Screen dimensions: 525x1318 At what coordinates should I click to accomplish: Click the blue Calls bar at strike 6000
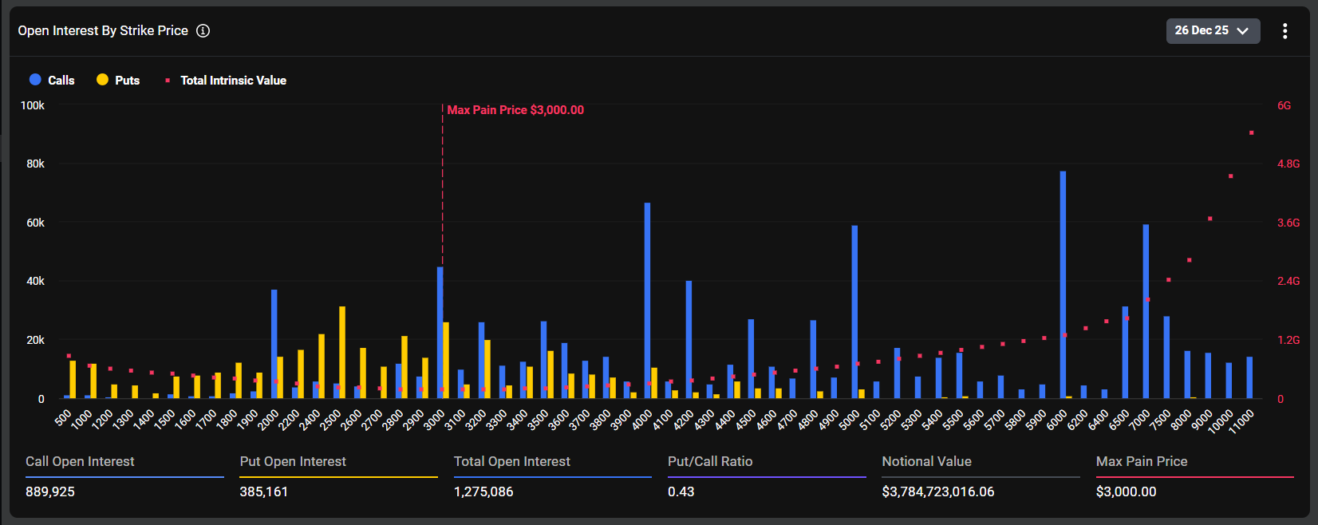1063,287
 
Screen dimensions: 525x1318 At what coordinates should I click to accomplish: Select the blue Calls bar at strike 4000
647,303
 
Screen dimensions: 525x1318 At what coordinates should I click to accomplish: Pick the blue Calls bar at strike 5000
854,311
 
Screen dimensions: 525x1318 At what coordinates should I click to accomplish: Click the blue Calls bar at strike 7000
1146,311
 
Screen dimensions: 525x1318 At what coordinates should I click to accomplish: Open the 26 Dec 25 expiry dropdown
1212,30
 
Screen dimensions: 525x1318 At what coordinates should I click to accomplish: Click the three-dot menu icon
1284,30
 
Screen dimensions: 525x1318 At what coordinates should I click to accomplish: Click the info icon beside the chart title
203,30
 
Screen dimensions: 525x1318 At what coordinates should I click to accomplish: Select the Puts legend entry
118,80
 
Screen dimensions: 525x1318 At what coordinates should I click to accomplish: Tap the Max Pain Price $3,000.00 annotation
515,110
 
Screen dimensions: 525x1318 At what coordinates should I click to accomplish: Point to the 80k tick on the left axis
35,164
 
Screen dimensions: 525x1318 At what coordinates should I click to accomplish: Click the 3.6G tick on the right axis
1288,223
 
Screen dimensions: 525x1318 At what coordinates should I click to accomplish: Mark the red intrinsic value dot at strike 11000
1251,132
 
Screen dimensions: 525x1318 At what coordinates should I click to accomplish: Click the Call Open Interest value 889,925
50,491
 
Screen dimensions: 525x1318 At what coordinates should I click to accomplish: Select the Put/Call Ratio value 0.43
681,491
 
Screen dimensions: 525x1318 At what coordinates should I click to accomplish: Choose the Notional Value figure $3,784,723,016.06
937,491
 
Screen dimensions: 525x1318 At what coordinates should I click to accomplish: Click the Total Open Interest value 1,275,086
483,491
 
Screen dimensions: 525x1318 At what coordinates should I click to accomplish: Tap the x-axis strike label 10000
1221,420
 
